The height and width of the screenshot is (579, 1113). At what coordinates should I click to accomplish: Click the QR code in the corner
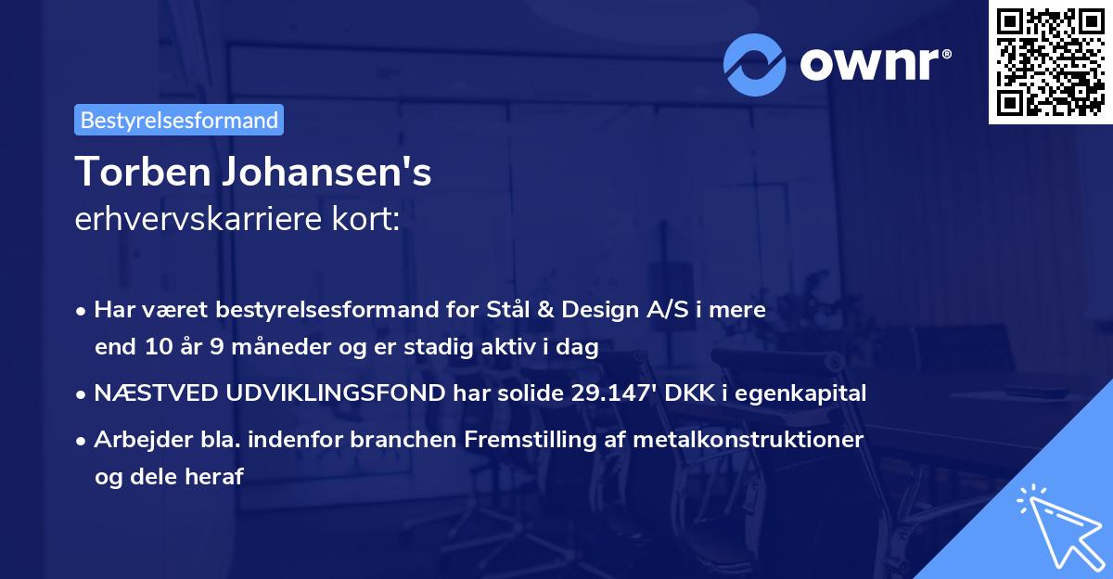(1049, 62)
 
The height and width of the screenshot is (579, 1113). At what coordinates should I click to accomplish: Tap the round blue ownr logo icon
(756, 65)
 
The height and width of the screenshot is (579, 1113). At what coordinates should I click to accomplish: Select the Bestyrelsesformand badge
(179, 120)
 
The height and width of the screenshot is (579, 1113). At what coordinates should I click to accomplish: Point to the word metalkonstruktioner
(748, 439)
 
